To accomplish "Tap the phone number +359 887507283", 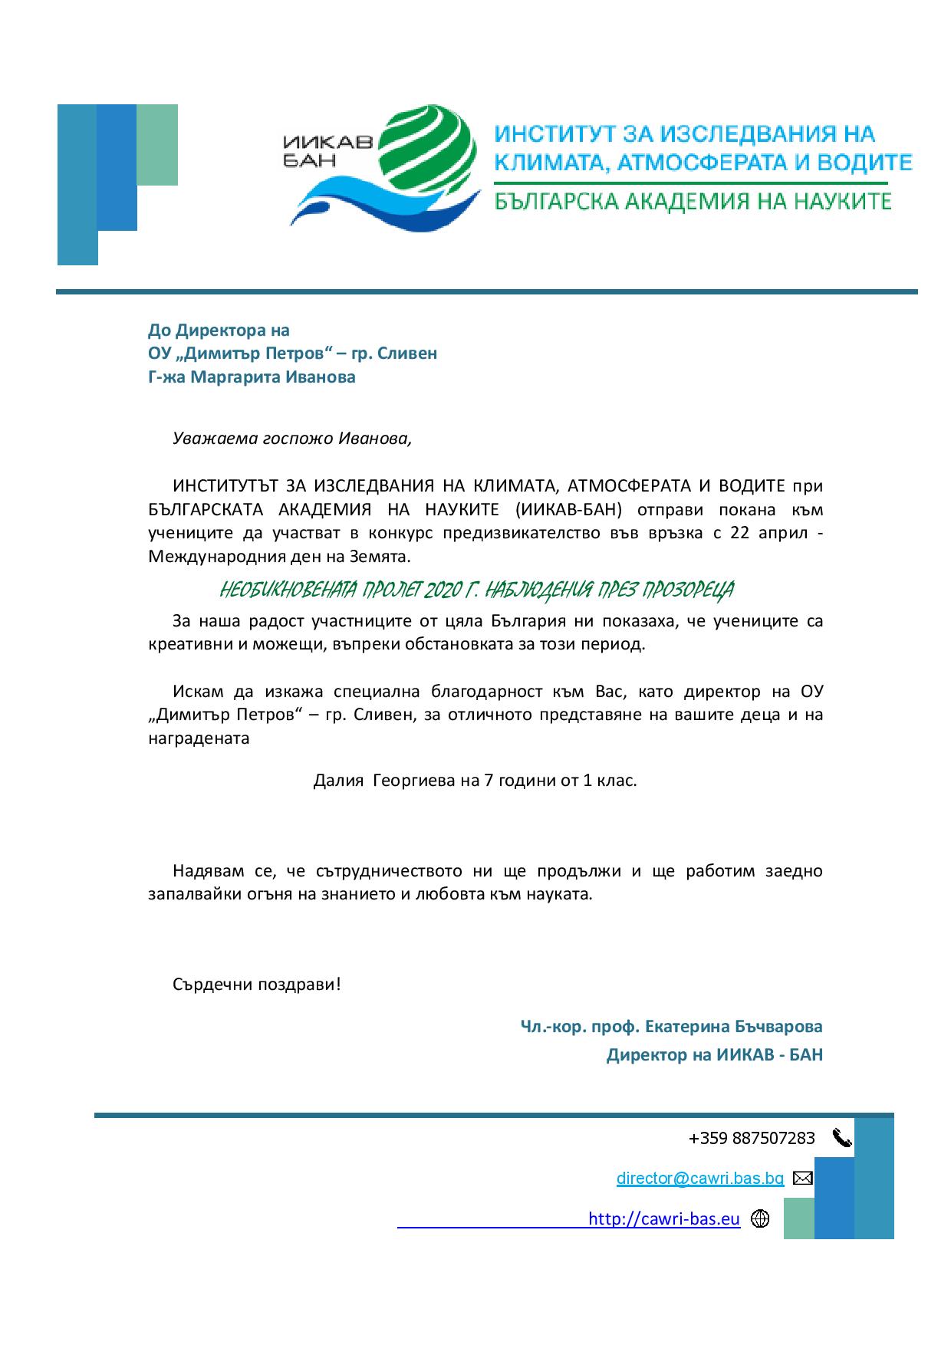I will point(752,1138).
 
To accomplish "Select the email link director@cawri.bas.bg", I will point(699,1178).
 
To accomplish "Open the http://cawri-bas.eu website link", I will point(663,1218).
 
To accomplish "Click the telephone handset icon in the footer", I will point(841,1138).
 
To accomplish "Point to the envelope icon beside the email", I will point(802,1178).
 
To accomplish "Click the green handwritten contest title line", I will point(476,590).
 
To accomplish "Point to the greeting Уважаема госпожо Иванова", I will point(292,439).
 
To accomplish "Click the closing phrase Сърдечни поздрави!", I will point(256,984).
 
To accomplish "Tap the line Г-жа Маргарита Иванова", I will point(252,377).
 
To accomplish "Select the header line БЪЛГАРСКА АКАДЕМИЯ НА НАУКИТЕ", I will point(693,201).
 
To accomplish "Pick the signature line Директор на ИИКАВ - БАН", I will point(714,1055).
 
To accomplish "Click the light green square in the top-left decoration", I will point(157,145).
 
